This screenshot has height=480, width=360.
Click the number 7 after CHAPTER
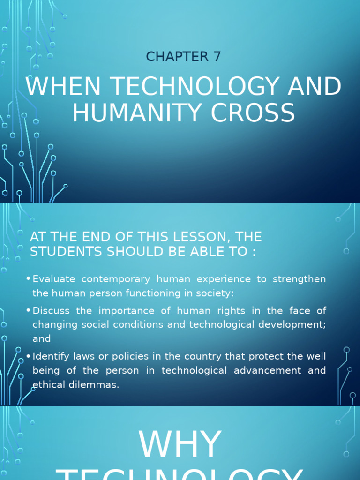(x=216, y=56)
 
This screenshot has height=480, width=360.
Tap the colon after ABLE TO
(x=253, y=252)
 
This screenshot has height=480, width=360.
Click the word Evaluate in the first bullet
(x=54, y=279)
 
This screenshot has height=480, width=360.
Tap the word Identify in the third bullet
(x=50, y=356)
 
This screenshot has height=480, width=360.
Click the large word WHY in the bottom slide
(x=180, y=444)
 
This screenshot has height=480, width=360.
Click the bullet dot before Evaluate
(x=29, y=279)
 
